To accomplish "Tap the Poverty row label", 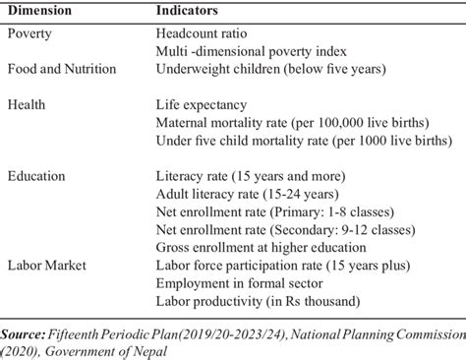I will point(29,31).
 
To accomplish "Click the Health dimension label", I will point(27,104).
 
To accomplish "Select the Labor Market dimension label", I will point(46,266).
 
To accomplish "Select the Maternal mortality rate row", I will point(292,122).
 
